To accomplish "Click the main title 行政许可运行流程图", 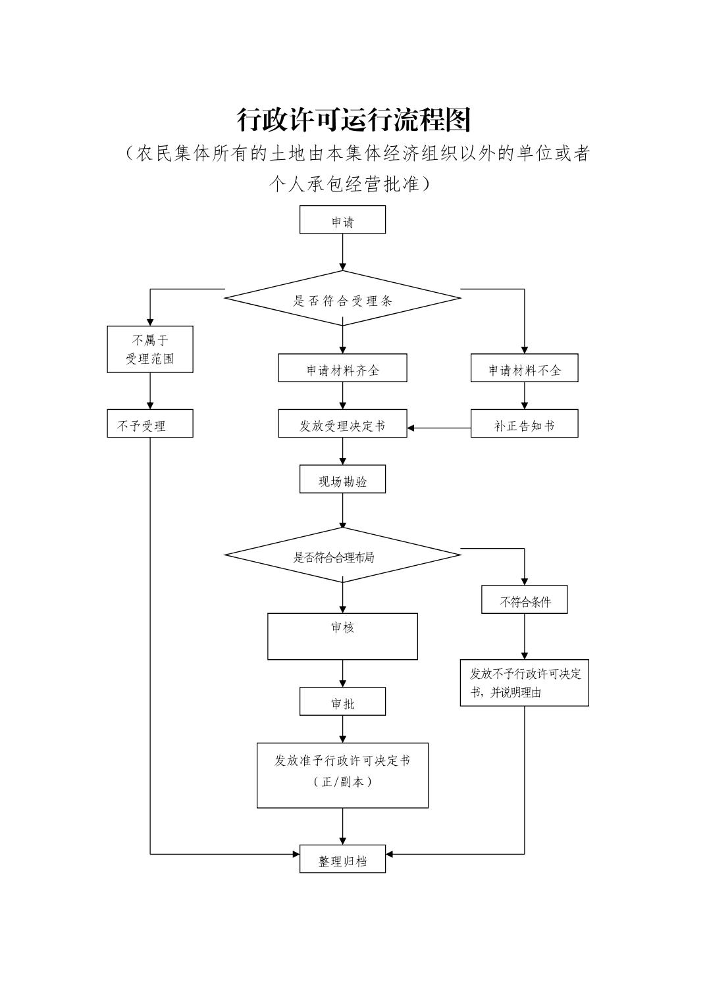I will click(x=353, y=120).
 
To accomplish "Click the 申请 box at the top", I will click(x=342, y=220).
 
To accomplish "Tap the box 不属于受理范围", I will click(x=150, y=349).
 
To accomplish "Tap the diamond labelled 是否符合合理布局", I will click(x=342, y=555).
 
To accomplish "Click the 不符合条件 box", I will click(x=524, y=600).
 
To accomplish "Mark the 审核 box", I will click(x=342, y=636).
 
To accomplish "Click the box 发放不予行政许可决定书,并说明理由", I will click(x=524, y=683).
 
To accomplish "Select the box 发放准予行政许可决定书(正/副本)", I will click(x=342, y=775).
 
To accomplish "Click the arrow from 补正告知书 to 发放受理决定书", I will click(x=439, y=428).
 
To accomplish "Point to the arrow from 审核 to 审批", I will click(x=343, y=674).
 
